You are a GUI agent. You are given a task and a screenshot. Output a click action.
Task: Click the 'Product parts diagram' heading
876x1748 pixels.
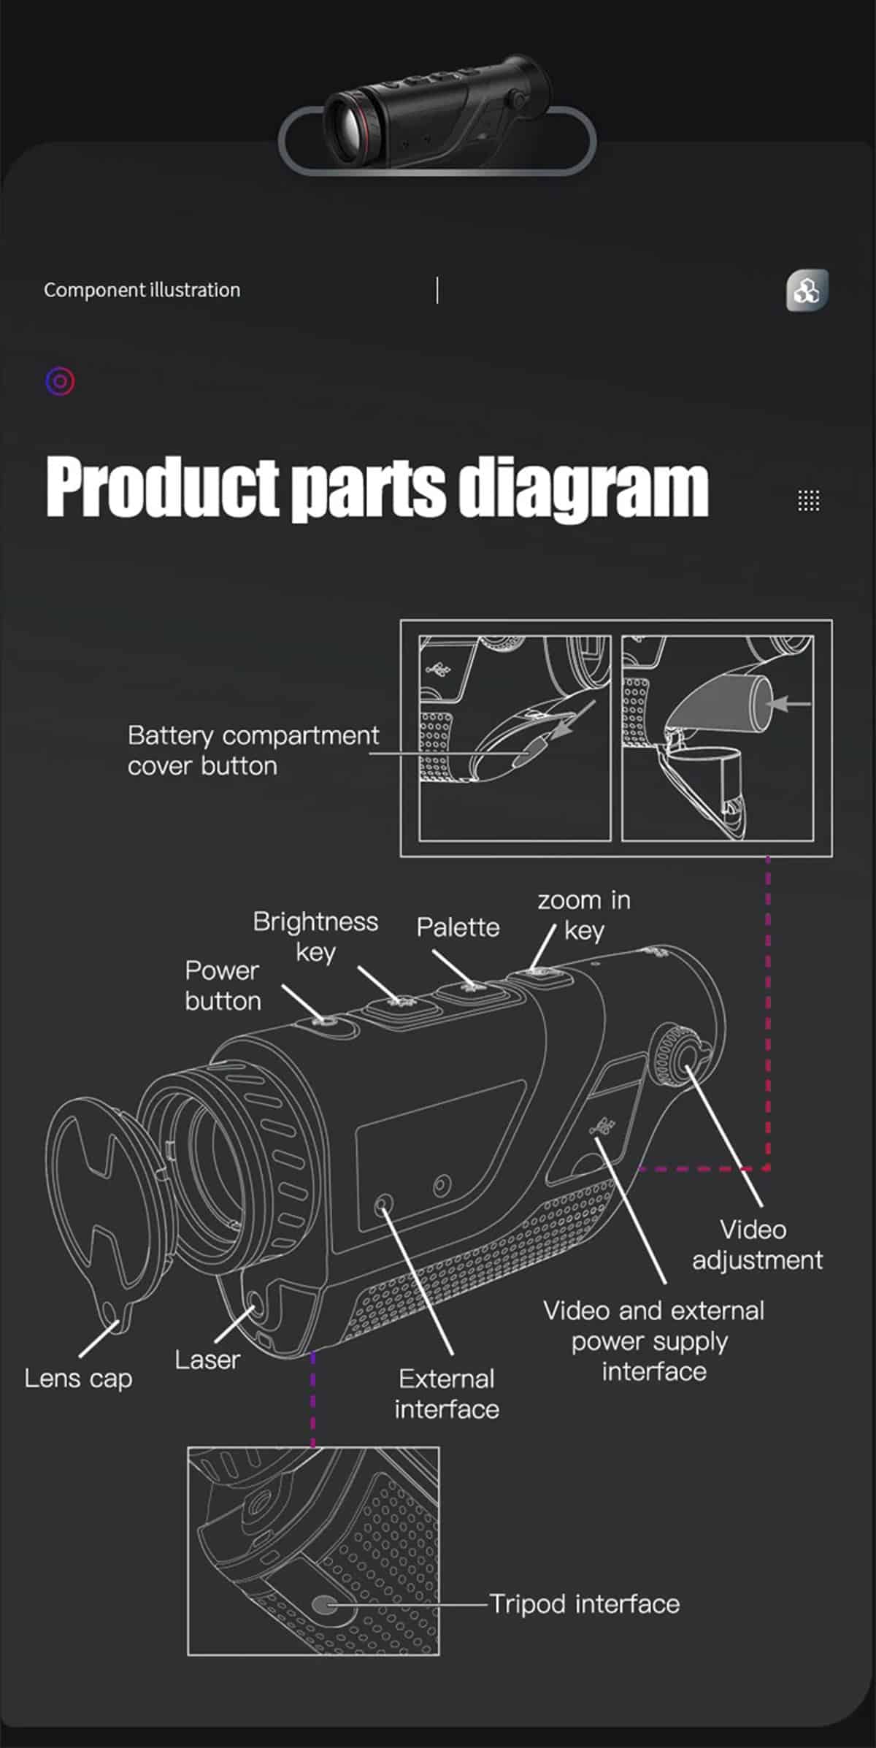pyautogui.click(x=377, y=487)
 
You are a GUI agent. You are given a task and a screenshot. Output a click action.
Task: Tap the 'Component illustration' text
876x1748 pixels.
pyautogui.click(x=142, y=290)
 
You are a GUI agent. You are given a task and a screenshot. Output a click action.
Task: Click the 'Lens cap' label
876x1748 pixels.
pyautogui.click(x=78, y=1379)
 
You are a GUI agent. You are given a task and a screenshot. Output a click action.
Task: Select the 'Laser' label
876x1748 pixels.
pyautogui.click(x=207, y=1360)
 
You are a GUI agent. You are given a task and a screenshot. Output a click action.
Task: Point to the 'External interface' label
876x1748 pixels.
pyautogui.click(x=447, y=1394)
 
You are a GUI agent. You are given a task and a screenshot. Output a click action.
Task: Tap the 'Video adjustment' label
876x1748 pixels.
pyautogui.click(x=757, y=1244)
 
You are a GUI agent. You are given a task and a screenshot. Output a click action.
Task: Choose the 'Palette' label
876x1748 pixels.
pyautogui.click(x=458, y=927)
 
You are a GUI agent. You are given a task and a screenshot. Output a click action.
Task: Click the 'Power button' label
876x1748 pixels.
pyautogui.click(x=223, y=986)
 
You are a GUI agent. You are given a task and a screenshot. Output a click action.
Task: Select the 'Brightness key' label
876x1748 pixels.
pyautogui.click(x=315, y=937)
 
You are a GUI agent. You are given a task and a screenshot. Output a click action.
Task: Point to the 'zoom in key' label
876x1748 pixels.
pyautogui.click(x=584, y=916)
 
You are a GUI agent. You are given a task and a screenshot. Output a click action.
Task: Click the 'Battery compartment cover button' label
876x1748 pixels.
pyautogui.click(x=253, y=751)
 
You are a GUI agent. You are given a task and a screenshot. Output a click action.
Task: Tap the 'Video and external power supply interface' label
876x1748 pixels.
pyautogui.click(x=653, y=1341)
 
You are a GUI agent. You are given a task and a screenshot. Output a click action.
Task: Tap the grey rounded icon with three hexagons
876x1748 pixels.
pyautogui.click(x=807, y=291)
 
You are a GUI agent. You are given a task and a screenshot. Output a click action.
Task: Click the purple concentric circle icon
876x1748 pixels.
pyautogui.click(x=60, y=381)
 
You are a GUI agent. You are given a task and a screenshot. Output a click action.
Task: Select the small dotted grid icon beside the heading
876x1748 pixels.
pyautogui.click(x=808, y=501)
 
